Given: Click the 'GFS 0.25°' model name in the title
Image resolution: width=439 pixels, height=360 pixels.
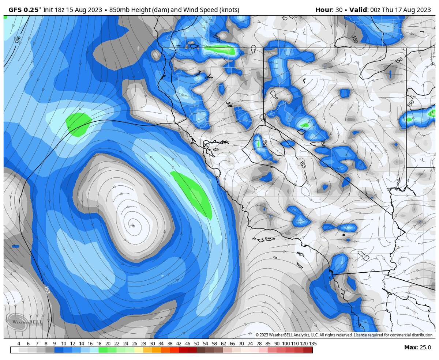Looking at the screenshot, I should point(23,10).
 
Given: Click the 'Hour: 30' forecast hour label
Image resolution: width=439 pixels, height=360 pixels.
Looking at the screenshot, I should point(329,10).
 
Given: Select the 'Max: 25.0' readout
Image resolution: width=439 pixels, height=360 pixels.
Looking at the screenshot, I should point(417,347).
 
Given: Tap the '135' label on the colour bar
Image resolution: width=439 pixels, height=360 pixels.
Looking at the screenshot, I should point(312,344).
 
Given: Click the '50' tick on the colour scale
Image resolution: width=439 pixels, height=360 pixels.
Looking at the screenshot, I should point(196,344).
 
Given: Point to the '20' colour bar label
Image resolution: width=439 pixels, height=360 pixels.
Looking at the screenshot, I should point(108,344).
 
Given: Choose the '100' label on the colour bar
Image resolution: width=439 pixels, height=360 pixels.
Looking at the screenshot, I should point(286,344).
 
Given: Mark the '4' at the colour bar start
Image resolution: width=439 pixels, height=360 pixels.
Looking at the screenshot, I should point(19,344).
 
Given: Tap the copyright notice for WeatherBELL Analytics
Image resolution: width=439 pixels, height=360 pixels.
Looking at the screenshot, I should point(344,335).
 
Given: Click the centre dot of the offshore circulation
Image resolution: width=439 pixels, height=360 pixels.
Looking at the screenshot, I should point(133,226).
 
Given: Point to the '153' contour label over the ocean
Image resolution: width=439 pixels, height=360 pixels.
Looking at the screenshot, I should point(47,289).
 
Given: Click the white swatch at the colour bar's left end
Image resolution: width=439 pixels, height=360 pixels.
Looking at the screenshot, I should point(15,350).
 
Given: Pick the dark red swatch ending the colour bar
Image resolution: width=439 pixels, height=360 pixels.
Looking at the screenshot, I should point(308,350).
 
